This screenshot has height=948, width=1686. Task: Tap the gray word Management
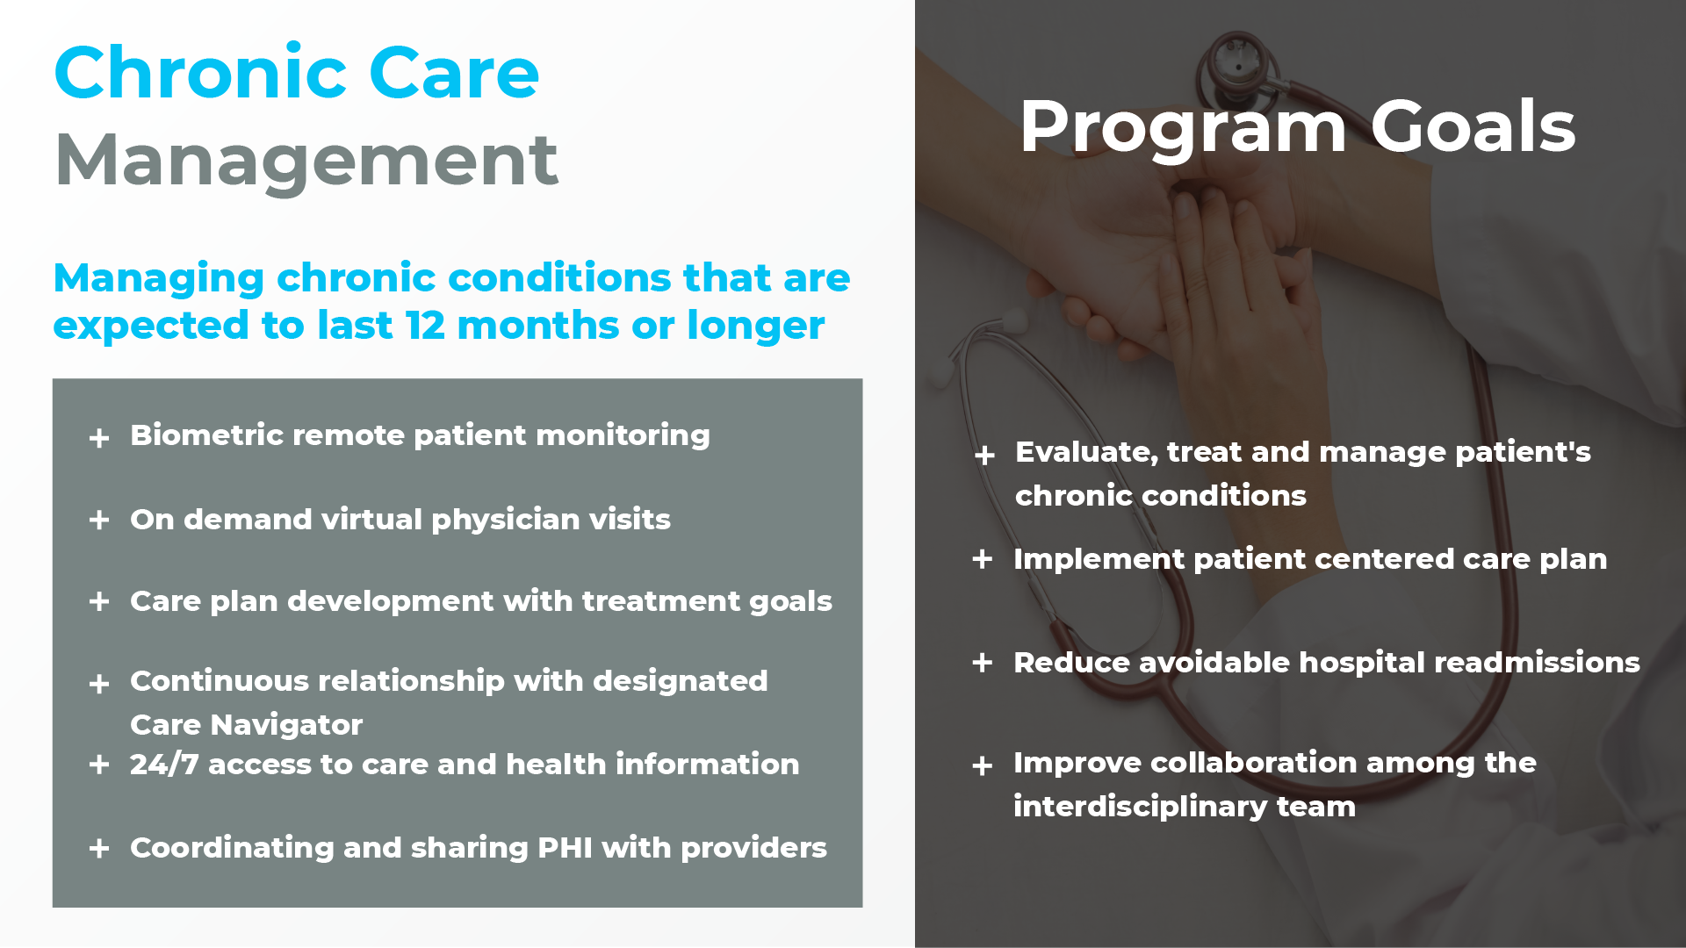(x=306, y=161)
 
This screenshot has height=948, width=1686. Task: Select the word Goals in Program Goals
(x=1473, y=126)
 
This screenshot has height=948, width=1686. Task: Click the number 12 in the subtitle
(x=425, y=326)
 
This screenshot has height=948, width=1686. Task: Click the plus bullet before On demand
(x=99, y=520)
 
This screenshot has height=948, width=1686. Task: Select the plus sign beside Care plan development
(x=99, y=601)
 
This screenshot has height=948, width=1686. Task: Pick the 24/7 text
(x=164, y=764)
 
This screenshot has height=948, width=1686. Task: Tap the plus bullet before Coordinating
(x=99, y=848)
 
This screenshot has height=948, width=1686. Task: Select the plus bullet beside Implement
(x=983, y=559)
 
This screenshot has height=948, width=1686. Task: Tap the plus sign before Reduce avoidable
(x=983, y=663)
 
